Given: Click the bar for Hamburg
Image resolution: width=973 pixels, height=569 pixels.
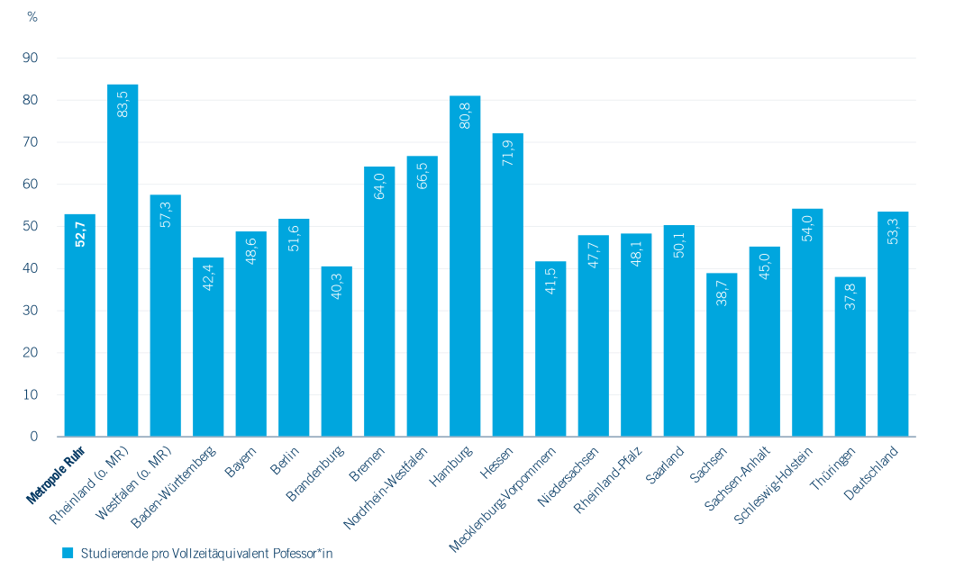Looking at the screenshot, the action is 465,266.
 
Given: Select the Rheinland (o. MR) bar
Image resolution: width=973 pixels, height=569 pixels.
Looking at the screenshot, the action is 123,260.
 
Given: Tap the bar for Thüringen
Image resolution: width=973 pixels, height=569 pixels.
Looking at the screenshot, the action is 850,357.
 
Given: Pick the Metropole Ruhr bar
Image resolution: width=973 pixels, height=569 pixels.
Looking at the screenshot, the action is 80,325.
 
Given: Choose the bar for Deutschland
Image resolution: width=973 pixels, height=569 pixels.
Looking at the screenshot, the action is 893,324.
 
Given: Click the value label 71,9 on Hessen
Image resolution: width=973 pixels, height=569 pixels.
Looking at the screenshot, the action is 507,153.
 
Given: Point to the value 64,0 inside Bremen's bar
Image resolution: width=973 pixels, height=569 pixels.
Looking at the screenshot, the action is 379,186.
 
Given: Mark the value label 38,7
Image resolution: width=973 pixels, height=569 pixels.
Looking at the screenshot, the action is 722,293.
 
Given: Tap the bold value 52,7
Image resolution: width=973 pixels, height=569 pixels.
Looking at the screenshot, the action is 80,234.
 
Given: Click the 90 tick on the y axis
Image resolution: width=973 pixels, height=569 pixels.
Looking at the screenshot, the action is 30,58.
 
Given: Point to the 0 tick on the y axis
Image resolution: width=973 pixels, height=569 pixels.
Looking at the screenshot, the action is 34,437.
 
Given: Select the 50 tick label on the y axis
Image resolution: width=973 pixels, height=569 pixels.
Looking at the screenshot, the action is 30,226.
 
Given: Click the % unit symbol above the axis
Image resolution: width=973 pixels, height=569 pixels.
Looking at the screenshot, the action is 32,17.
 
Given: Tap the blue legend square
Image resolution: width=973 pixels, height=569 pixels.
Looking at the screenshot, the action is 68,553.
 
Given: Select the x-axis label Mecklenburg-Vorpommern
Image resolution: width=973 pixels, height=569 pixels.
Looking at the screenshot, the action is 502,500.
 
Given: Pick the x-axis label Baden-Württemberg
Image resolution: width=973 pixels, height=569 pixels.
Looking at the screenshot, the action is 174,487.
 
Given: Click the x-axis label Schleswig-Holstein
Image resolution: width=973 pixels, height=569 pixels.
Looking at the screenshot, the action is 773,485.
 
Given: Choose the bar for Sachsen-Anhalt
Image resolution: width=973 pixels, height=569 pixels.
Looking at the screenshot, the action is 765,341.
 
